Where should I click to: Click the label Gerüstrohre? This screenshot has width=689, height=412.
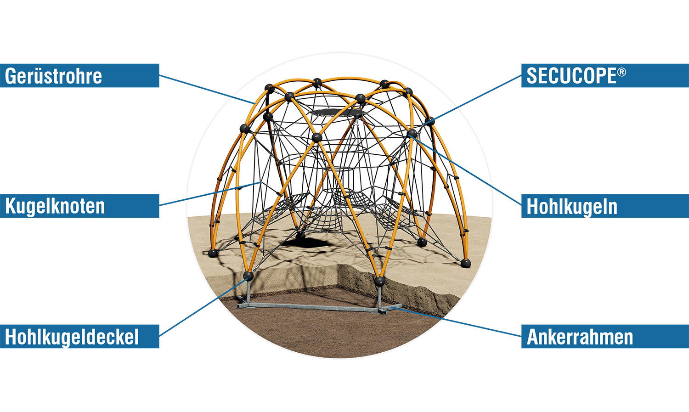(53, 76)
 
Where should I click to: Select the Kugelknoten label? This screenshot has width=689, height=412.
(55, 206)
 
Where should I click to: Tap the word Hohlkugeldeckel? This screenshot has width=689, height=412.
(72, 337)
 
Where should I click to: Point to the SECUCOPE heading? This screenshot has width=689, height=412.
(571, 76)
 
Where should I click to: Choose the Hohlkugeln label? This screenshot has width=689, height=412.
(572, 207)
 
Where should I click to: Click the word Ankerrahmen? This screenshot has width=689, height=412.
(580, 337)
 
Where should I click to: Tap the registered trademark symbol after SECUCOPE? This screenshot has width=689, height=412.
(621, 72)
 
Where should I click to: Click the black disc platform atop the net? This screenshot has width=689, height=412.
(338, 112)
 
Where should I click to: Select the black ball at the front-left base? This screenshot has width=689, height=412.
(248, 276)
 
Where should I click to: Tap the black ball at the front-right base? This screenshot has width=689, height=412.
(379, 281)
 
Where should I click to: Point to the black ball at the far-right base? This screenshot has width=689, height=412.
(465, 263)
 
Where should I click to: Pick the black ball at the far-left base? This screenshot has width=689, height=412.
(212, 253)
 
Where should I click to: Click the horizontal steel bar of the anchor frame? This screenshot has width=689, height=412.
(312, 306)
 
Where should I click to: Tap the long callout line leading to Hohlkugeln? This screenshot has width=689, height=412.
(455, 161)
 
